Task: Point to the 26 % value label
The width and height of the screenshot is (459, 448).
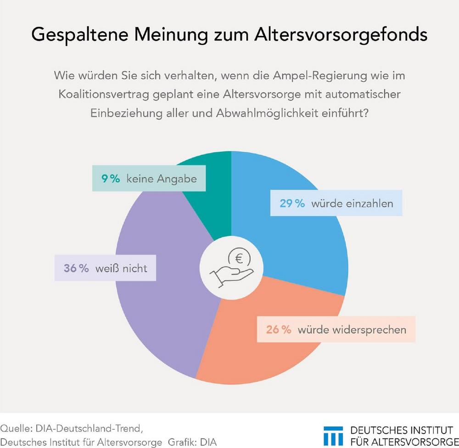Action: pos(278,330)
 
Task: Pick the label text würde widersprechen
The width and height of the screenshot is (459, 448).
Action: pos(352,330)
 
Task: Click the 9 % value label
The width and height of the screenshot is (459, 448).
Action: pos(111,179)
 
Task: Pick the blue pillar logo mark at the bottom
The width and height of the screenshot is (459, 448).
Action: pos(334,435)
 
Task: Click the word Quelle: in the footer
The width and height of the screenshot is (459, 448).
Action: pos(16,429)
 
